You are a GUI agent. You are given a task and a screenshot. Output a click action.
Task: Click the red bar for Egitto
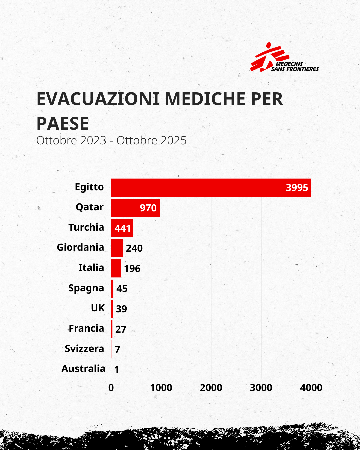[x=200, y=188]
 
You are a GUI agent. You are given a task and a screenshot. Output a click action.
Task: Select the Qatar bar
[x=127, y=208]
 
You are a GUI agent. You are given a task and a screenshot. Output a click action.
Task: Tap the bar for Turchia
[x=122, y=228]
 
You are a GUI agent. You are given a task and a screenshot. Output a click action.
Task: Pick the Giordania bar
[x=117, y=248]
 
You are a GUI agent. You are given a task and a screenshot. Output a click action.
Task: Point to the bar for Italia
[x=116, y=268]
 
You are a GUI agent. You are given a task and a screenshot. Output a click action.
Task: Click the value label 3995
[x=297, y=188]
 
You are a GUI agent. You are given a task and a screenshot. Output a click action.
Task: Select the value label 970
[x=148, y=208]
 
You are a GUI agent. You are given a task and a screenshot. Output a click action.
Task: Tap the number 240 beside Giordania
[x=134, y=248]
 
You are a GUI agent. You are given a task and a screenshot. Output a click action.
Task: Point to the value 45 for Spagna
[x=122, y=289]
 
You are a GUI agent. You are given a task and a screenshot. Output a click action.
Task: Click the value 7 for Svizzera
[x=117, y=349]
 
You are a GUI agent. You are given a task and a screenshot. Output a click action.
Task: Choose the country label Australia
[x=83, y=369]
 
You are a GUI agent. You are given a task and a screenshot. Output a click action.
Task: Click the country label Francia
[x=86, y=328]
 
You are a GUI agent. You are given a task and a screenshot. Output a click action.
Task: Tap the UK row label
[x=98, y=308]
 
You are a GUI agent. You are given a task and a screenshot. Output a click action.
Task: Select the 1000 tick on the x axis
[x=161, y=388]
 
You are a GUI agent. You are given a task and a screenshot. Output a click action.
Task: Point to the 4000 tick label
[x=311, y=388]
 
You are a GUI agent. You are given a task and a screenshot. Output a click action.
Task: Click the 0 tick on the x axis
[x=111, y=388]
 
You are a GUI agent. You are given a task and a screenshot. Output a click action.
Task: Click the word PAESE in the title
[x=63, y=124]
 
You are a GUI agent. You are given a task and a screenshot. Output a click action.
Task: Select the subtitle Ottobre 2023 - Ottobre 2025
[x=111, y=140]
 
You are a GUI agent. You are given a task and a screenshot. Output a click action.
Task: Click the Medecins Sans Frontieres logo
[x=284, y=58]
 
